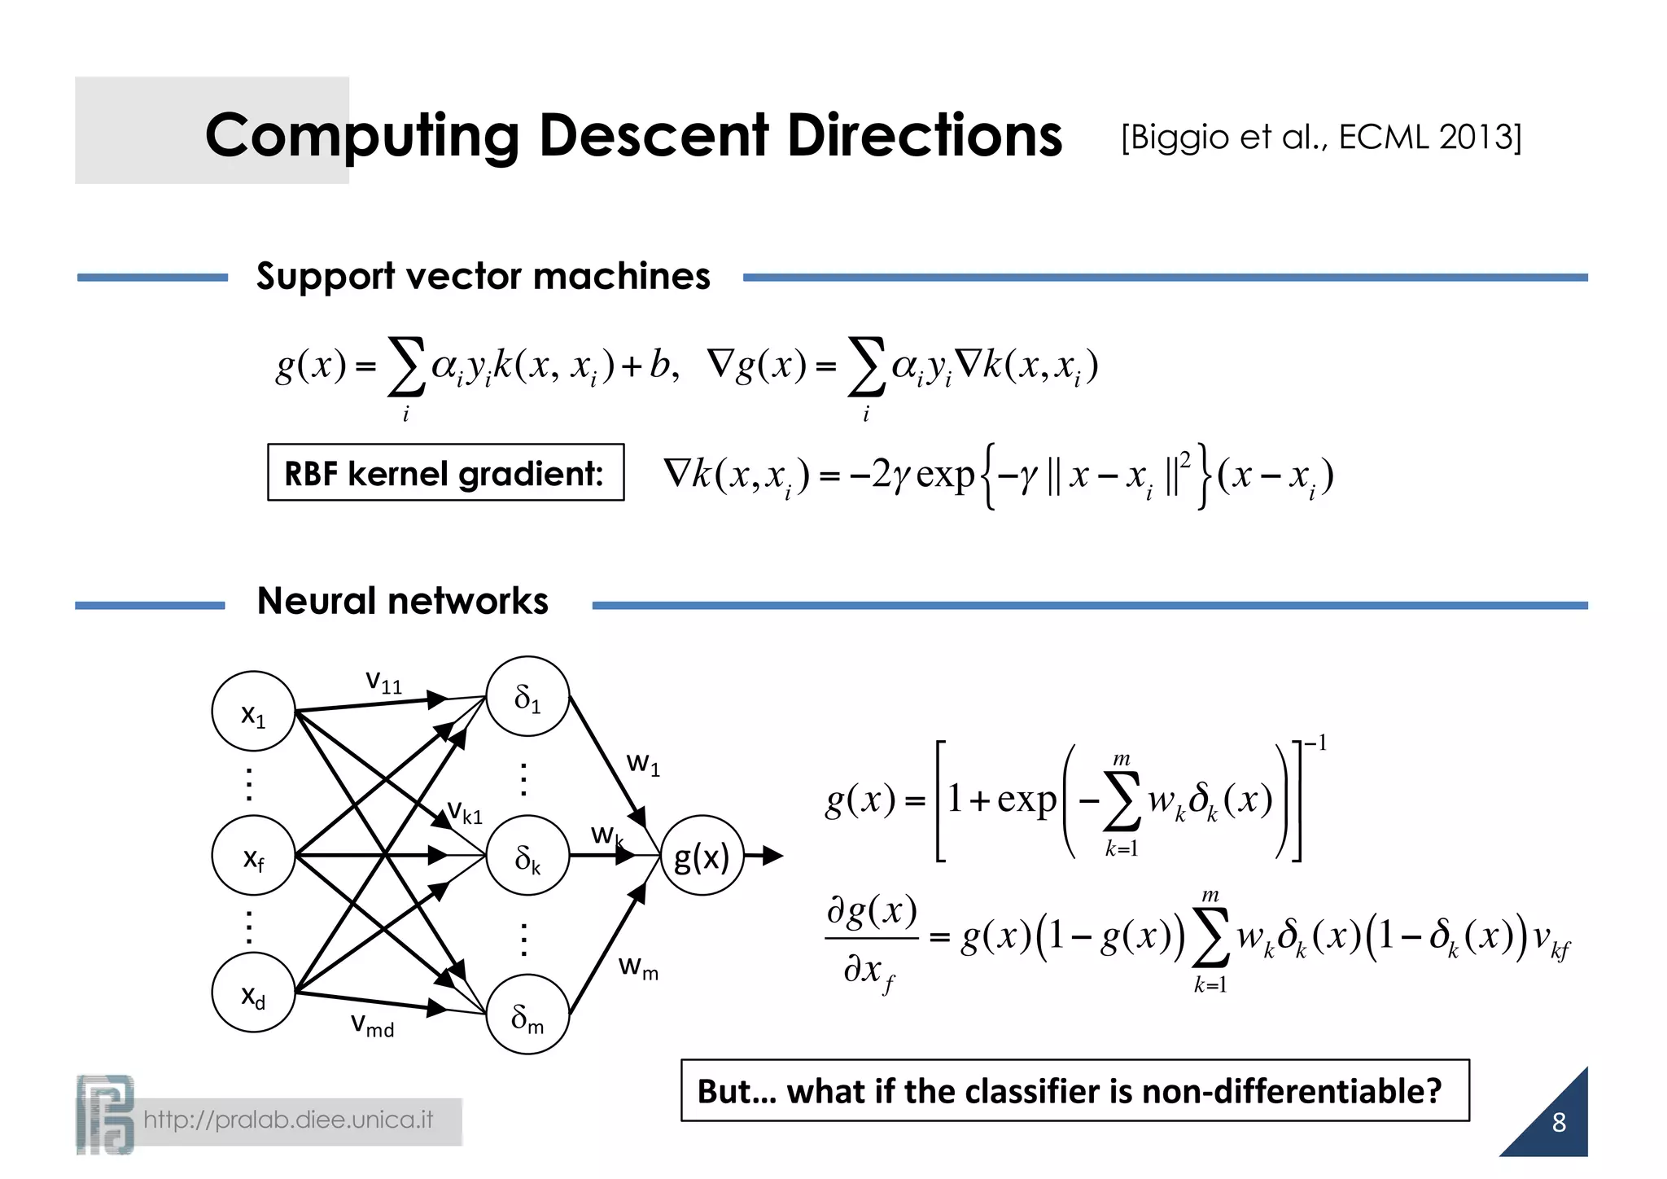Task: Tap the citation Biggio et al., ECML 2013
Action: pos(1320,137)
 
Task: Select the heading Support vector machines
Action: pos(483,276)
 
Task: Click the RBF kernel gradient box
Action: pos(445,473)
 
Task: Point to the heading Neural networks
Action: pos(402,601)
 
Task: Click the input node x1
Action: pos(253,712)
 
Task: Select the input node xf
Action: pos(253,856)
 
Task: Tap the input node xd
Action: pos(253,993)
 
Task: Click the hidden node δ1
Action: pos(527,697)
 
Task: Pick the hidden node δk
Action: pos(527,856)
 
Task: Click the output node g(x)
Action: pos(702,856)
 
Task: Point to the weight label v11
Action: pos(383,681)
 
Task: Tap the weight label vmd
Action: pos(372,1023)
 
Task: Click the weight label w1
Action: pos(643,764)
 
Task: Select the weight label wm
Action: pos(638,967)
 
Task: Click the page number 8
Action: pos(1558,1122)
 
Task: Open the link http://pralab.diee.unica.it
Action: pos(288,1120)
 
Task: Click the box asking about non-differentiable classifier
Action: pos(1074,1090)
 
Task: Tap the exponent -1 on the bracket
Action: pos(1315,743)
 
